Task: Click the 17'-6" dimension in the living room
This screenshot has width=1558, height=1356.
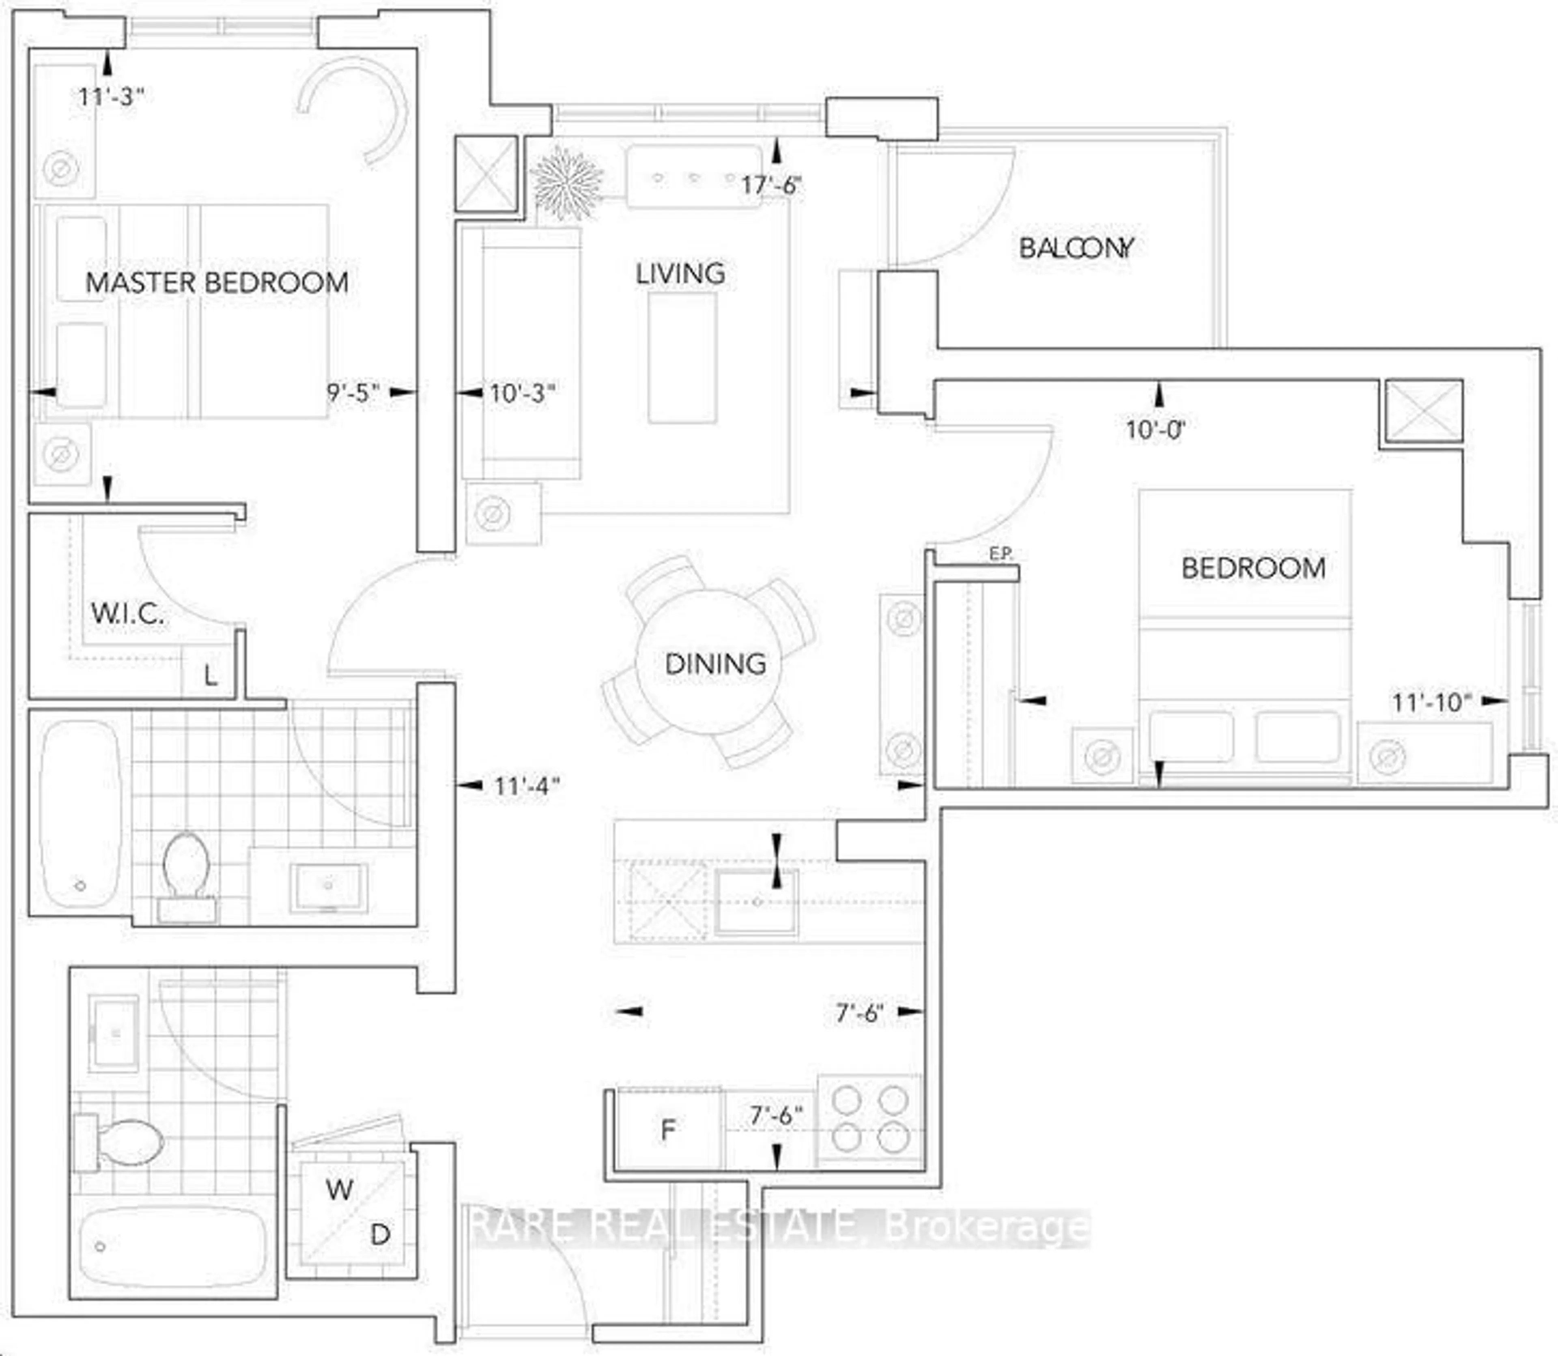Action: click(770, 185)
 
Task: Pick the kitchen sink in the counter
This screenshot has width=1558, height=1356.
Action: click(756, 902)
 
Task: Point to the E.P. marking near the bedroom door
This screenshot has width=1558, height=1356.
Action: click(1000, 554)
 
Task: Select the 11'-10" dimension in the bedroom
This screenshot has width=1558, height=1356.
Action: click(1431, 702)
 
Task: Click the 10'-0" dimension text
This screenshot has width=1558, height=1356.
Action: click(1154, 430)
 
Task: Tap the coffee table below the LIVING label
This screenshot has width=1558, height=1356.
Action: click(682, 357)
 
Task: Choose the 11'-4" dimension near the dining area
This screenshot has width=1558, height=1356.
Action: click(526, 786)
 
